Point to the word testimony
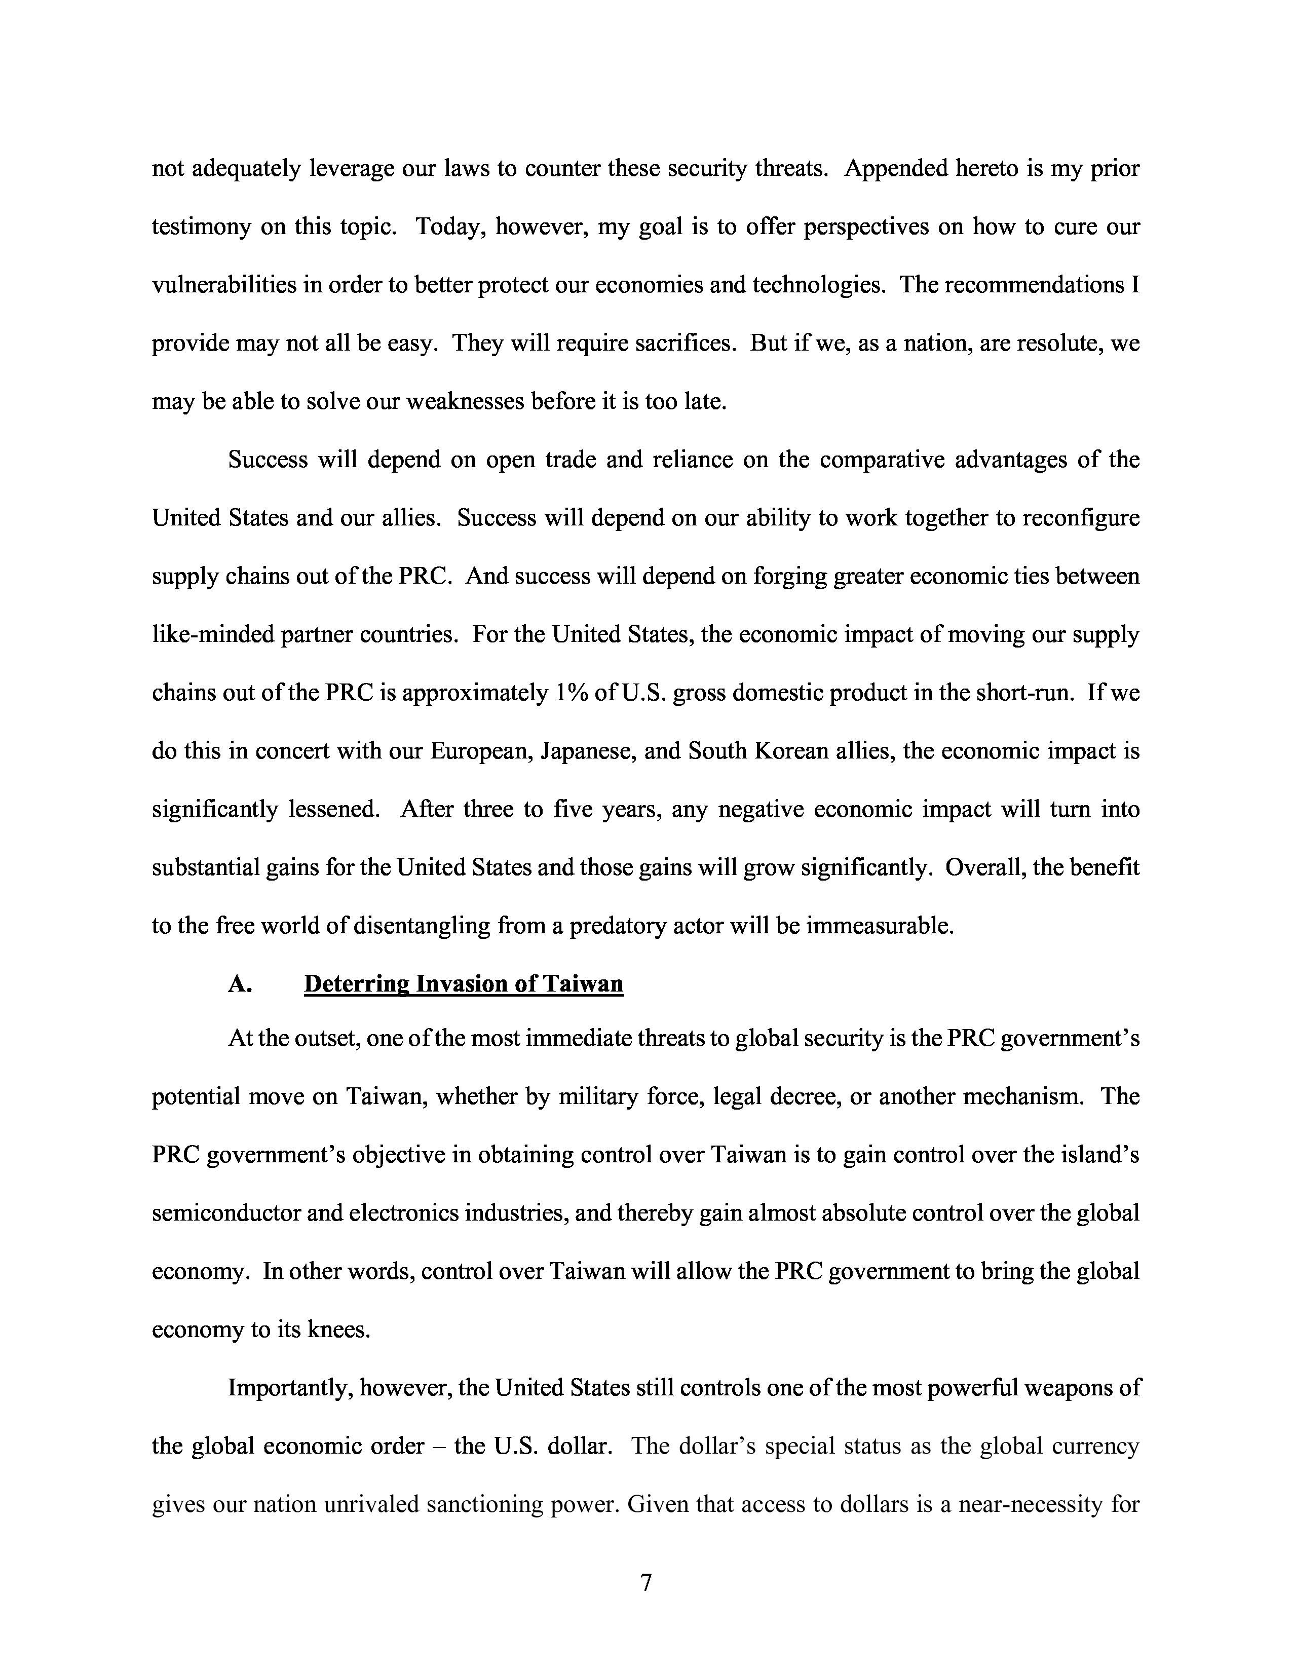tap(201, 226)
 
